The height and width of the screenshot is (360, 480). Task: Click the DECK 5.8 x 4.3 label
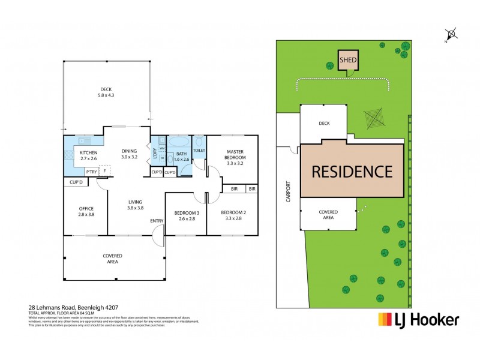[x=106, y=92]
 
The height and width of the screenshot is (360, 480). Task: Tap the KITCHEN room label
[x=88, y=155]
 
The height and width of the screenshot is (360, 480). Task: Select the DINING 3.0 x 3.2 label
[x=129, y=154]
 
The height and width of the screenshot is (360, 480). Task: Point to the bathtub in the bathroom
[x=178, y=143]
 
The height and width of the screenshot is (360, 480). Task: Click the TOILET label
[x=199, y=150]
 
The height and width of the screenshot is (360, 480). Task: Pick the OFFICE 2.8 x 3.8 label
[x=86, y=211]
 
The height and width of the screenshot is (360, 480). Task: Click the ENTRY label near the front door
[x=157, y=221]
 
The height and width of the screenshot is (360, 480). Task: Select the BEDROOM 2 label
[x=230, y=215]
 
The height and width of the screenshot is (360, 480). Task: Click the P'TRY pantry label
[x=91, y=172]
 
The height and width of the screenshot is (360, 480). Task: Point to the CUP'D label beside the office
[x=76, y=182]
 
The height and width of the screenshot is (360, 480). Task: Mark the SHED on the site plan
[x=347, y=61]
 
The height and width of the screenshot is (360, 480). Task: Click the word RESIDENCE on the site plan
[x=351, y=171]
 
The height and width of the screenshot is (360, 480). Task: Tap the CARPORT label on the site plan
[x=288, y=191]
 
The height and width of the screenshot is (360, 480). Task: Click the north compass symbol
[x=452, y=34]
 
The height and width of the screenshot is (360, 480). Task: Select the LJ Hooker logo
[x=418, y=319]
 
